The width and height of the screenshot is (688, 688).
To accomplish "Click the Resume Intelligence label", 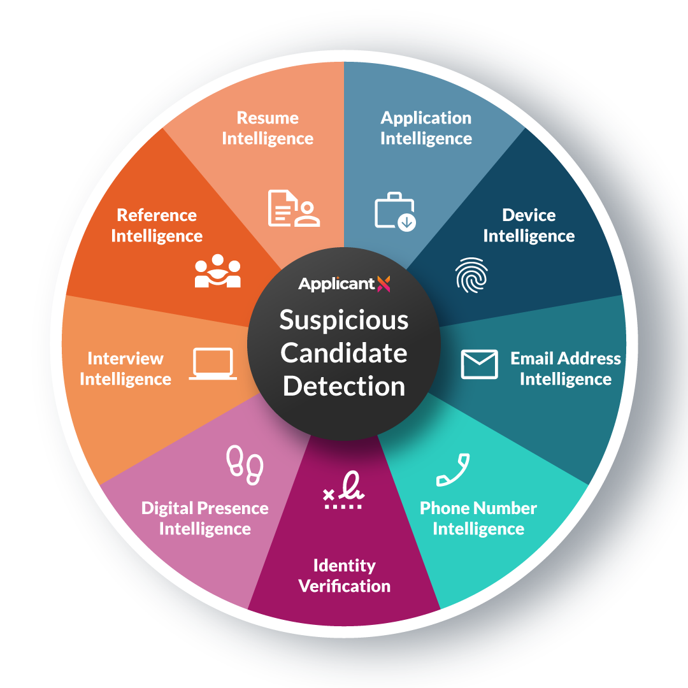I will coord(268,128).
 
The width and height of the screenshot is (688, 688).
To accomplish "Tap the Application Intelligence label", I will coord(426,128).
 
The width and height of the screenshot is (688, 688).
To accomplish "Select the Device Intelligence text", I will coord(529,226).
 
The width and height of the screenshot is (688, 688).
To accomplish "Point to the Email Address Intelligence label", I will coord(565,369).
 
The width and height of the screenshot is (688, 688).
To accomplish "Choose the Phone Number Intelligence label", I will coord(478,519).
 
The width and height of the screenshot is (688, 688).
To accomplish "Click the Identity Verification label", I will coord(345,576).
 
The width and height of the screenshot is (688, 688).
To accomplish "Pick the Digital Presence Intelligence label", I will coord(205,519).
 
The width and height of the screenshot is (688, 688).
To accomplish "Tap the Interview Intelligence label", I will coord(125,369).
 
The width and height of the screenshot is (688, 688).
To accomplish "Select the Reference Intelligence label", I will coord(157,226).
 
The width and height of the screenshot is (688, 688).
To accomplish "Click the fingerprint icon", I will coord(471,275).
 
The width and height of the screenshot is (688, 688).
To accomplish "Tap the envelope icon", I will coord(479,364).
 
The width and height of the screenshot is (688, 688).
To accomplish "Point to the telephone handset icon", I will coord(453,470).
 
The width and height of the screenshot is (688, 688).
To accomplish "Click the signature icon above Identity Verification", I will coord(343,491).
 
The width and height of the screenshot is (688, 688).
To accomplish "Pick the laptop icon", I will coord(213,364).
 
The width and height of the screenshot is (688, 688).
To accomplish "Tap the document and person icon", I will coord(294,208).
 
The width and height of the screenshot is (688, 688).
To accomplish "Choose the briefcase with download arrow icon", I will coord(395,211).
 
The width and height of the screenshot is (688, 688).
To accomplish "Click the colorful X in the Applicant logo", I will coord(383,284).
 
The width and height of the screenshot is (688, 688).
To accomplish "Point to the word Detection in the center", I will coord(344,386).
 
